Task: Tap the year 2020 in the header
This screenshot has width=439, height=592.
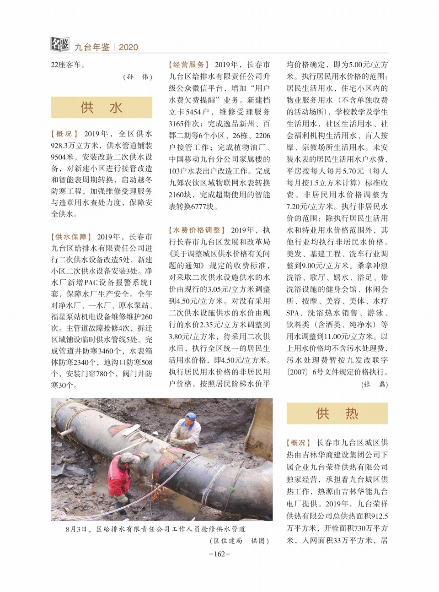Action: [128, 47]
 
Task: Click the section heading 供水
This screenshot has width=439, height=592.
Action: [102, 108]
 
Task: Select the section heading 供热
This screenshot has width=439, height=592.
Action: [337, 413]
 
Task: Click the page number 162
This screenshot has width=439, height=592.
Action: [219, 554]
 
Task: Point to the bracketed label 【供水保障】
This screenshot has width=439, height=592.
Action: [71, 237]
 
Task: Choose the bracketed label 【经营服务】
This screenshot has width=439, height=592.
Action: [189, 65]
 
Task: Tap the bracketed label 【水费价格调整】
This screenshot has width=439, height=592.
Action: [197, 230]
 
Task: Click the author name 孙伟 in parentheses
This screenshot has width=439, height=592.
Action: [138, 77]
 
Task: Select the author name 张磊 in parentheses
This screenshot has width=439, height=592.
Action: [375, 384]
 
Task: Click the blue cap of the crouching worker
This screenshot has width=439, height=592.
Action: [191, 416]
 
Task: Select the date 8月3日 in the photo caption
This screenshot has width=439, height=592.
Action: [77, 529]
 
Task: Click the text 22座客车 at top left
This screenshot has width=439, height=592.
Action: [68, 65]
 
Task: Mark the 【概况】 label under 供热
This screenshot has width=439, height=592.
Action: [299, 443]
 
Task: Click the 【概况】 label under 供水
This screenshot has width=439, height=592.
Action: [64, 134]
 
